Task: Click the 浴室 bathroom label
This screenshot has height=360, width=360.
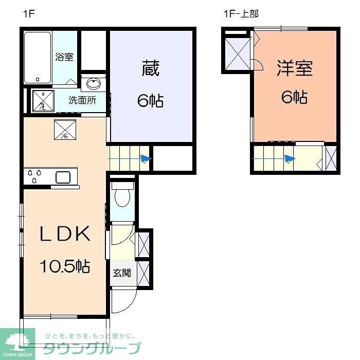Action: pos(64,57)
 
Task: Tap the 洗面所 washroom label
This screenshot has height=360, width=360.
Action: pos(82,100)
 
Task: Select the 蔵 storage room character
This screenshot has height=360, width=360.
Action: pos(150,68)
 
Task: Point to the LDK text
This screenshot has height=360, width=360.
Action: pos(66,234)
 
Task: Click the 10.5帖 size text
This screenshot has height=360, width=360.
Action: pos(65,266)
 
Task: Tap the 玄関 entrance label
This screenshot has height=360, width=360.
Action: pos(122,273)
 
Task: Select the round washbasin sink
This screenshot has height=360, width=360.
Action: pos(94,84)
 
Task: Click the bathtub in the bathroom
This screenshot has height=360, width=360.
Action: pos(38,58)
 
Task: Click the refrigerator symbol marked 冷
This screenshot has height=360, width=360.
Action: pos(65,130)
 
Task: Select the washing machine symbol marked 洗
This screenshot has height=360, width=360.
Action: pos(43,101)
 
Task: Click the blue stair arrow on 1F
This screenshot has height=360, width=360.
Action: pos(146,159)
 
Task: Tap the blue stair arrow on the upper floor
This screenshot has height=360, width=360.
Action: pos(290,159)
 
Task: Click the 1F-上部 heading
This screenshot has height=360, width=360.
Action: pos(240,14)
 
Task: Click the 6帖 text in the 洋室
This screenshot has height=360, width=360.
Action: pos(295,97)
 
